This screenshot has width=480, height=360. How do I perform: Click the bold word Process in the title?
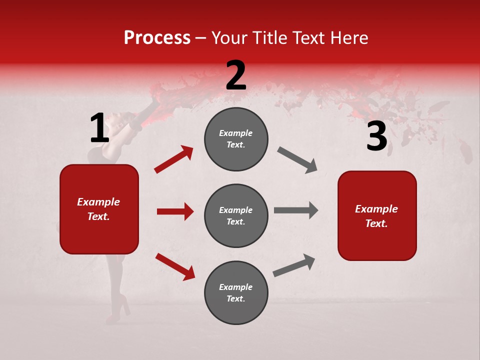click(157, 37)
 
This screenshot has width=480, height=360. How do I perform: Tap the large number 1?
click(99, 128)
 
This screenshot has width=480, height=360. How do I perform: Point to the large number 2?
click(236, 75)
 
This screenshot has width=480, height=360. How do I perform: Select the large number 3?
click(376, 136)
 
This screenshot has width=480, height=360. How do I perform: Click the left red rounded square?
click(99, 209)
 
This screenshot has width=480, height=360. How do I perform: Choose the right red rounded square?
click(377, 215)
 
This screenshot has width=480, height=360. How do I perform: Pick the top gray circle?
click(236, 139)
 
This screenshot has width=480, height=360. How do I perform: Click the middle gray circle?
click(236, 215)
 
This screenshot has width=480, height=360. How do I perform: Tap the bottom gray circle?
click(236, 292)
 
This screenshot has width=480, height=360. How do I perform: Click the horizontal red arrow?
click(175, 211)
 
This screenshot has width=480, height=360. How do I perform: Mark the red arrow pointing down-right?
click(175, 266)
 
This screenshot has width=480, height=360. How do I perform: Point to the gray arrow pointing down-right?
click(297, 160)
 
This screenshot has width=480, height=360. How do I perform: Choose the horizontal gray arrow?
click(295, 210)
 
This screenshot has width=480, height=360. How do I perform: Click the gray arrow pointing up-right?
click(294, 265)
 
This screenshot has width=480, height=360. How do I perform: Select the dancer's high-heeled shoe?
click(119, 307)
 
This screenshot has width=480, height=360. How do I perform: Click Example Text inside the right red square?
click(376, 216)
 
